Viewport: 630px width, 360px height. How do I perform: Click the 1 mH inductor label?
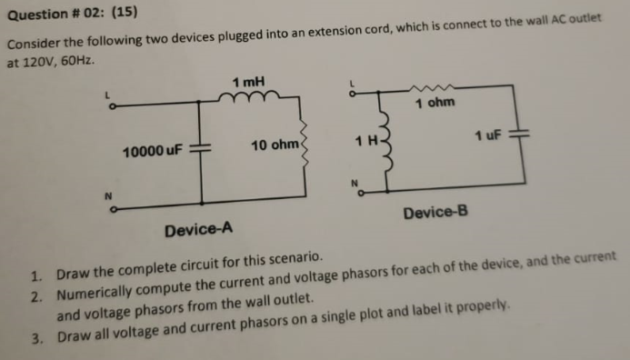(x=248, y=83)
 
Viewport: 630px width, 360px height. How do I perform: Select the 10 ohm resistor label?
(x=274, y=145)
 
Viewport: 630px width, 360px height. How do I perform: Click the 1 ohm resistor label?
(x=434, y=104)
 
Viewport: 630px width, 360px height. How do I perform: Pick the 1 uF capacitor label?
(x=489, y=135)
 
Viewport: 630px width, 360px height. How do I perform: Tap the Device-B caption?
(x=435, y=212)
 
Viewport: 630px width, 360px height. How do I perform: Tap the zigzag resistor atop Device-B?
(x=427, y=89)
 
